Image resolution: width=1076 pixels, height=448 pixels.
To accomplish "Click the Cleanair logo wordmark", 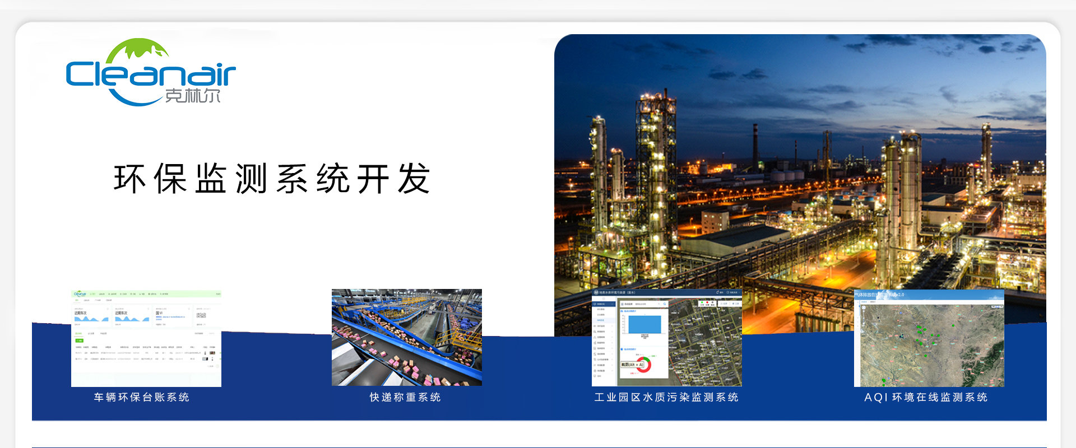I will click(150, 74).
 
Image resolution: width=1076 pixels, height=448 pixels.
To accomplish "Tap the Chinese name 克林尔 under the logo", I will click(193, 96).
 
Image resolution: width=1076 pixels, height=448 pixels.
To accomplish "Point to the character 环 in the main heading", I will click(130, 179).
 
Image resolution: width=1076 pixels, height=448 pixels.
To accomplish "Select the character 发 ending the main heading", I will click(414, 179).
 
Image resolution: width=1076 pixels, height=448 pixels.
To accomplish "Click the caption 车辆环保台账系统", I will click(142, 398).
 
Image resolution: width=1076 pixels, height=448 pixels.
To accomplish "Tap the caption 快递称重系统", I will click(405, 398).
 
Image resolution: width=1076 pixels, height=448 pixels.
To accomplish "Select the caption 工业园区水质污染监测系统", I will click(666, 398).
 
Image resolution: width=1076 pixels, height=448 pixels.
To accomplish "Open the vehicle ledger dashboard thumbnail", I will click(146, 338).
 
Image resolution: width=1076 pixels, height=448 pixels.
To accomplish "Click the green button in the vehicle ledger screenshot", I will click(80, 340).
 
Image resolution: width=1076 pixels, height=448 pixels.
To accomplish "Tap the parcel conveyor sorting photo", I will click(407, 337).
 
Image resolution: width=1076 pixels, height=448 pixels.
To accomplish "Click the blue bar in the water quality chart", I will click(644, 324).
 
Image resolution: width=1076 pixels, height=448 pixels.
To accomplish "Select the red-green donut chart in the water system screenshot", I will click(643, 365).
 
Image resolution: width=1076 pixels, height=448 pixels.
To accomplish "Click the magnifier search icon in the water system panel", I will click(665, 304).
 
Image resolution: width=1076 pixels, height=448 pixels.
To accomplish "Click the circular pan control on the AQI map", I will click(864, 309).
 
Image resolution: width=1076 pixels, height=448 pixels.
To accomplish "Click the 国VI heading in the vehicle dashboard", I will click(159, 313).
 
